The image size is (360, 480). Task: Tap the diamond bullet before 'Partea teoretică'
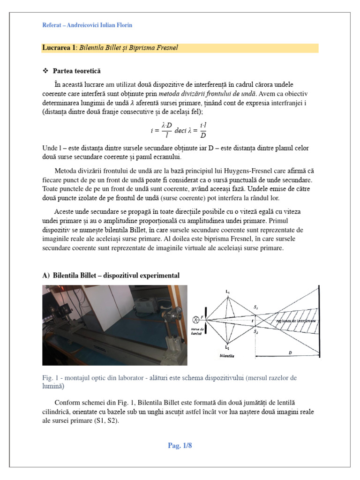[45, 71]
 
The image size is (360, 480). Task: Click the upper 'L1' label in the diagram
[227, 292]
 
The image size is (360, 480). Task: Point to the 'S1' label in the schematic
[255, 307]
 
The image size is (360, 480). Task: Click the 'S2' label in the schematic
[255, 331]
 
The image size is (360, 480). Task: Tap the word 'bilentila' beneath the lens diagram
[227, 356]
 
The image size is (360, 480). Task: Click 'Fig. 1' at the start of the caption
[50, 378]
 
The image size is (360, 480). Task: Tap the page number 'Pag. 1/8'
[180, 446]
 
